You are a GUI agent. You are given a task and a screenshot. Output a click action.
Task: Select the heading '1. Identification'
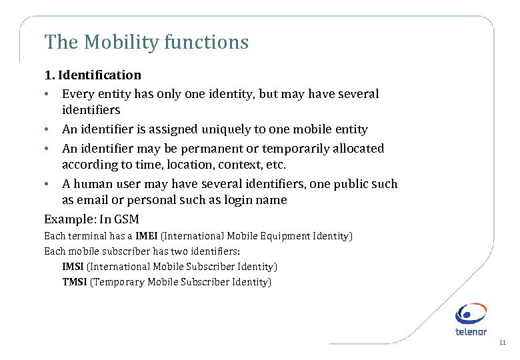click(93, 75)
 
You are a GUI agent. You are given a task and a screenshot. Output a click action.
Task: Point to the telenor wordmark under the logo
click(471, 331)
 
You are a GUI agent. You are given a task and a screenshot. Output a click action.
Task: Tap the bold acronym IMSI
click(73, 267)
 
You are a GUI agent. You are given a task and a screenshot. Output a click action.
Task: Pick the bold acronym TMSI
click(75, 282)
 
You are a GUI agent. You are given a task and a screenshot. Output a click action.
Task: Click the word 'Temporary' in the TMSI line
click(117, 282)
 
